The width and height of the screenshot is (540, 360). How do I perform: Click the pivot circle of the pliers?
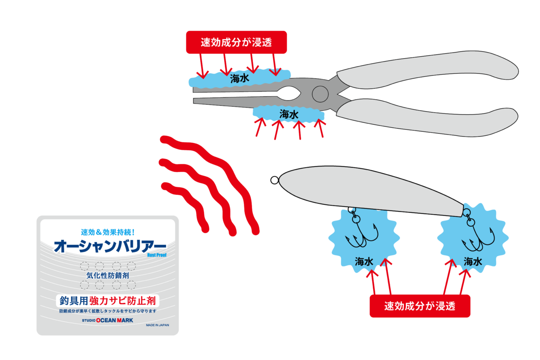(x=320, y=94)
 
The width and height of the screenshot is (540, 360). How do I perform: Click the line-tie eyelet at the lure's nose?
(x=274, y=180)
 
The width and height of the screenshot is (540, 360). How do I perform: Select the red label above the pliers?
(x=237, y=42)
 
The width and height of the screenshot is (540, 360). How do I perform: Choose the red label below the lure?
(x=420, y=306)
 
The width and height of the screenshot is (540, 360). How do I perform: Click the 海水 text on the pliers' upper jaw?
(x=239, y=79)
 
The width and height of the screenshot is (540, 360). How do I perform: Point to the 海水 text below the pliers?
(x=289, y=114)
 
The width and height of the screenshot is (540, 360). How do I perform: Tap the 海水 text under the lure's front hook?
(x=364, y=261)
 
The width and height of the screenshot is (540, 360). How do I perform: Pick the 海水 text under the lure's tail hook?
(x=473, y=261)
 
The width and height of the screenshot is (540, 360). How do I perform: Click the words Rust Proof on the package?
(x=157, y=255)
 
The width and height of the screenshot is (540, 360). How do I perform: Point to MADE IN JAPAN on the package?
(x=157, y=325)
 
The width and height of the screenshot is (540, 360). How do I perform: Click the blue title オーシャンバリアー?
(x=110, y=246)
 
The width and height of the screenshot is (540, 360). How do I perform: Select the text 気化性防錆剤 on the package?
(x=108, y=275)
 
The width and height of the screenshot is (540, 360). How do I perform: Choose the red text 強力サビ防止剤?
(x=122, y=301)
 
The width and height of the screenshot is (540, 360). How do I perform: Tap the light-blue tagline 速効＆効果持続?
(x=108, y=232)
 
